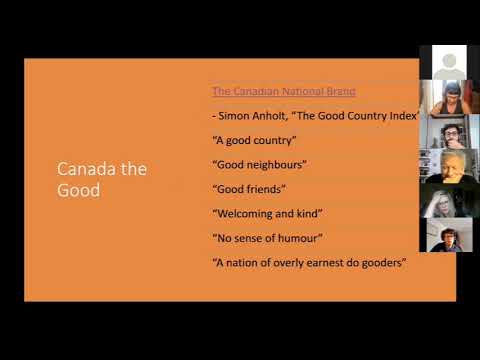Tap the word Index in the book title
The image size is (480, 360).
[401, 115]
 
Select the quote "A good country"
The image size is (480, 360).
[254, 140]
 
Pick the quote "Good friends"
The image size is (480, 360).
[249, 188]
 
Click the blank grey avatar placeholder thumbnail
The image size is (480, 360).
[443, 62]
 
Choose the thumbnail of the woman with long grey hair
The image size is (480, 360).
[443, 203]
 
